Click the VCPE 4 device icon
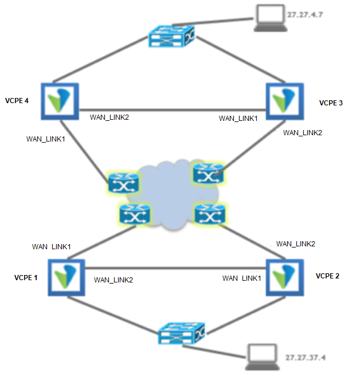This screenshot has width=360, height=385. [60, 101]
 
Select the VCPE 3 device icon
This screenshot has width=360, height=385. [285, 101]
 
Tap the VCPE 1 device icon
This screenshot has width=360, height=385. [66, 277]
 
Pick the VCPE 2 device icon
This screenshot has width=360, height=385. [285, 277]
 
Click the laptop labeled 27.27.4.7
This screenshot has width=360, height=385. [271, 18]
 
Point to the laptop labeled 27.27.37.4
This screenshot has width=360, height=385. [263, 357]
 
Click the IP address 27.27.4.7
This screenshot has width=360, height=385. [305, 15]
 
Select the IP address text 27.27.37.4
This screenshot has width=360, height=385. [305, 357]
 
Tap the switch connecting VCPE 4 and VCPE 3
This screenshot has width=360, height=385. [171, 36]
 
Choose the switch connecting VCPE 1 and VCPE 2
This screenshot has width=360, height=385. [181, 333]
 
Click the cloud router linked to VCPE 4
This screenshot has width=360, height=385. [124, 182]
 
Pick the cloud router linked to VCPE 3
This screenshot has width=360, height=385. [209, 174]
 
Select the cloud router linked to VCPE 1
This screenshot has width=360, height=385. [135, 214]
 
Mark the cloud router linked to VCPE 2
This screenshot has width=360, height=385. [210, 214]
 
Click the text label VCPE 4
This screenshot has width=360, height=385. [17, 101]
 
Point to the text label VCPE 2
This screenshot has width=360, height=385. [327, 276]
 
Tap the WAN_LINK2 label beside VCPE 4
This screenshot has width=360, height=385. [109, 117]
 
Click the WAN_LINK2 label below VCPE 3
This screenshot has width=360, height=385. [303, 133]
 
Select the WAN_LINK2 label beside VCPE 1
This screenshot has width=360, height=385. [114, 280]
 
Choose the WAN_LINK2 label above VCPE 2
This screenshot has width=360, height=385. [296, 244]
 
